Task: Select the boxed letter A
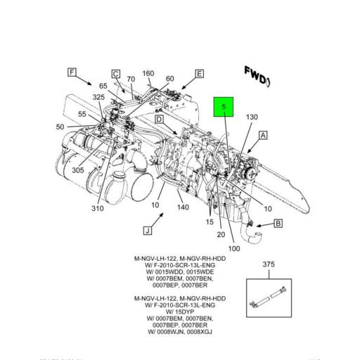point(263,135)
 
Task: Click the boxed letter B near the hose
point(278,224)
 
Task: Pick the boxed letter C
point(115,74)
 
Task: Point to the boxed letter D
point(160,120)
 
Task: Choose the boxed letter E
point(199,74)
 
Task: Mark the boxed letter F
point(71,72)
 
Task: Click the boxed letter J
point(148,230)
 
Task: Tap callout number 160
point(148,74)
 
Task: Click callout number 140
point(183,207)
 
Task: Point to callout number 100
point(233,248)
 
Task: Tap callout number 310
point(97,208)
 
